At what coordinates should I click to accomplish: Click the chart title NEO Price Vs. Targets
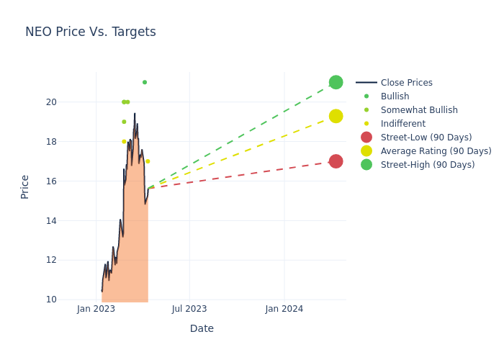coord(91,32)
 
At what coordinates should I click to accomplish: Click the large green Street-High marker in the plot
coord(336,82)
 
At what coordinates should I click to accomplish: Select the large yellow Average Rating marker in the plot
coord(336,116)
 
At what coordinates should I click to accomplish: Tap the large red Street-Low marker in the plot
coord(336,161)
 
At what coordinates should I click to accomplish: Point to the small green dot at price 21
coord(145,82)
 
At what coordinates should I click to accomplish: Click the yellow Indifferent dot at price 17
coord(148,161)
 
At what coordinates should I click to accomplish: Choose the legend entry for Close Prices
coord(406,83)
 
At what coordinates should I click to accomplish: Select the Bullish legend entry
coord(395,96)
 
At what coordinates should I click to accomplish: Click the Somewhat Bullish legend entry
coord(419,110)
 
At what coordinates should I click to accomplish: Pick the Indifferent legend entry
coord(402,124)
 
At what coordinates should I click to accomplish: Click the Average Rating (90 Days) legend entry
coord(436,151)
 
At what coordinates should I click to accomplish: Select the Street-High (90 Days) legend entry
coord(428,165)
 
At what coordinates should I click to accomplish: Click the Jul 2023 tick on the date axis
coord(189,309)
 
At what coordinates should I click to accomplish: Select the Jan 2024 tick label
coord(284,309)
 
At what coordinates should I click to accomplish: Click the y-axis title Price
coord(25,186)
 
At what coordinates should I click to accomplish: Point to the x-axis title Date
coord(202,329)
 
